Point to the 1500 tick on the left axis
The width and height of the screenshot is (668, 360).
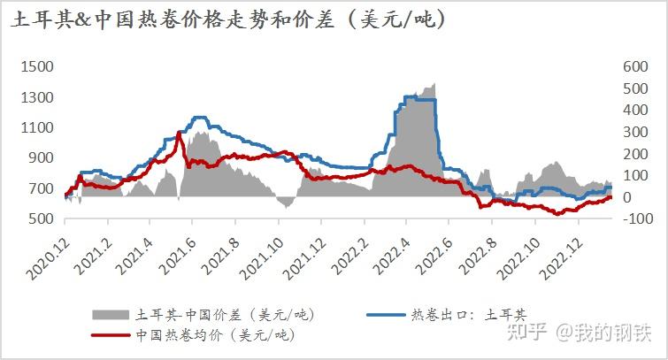(38, 67)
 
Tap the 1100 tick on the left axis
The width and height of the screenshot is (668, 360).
(38, 127)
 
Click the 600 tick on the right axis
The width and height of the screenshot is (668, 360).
(636, 67)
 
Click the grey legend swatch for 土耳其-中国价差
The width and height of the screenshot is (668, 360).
(111, 315)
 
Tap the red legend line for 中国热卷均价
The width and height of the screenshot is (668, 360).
(111, 335)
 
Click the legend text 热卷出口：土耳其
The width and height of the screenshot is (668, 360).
(467, 315)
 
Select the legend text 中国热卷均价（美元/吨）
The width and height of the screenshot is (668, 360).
(213, 335)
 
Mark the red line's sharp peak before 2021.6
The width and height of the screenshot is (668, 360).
(180, 134)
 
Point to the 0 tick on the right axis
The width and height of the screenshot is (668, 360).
(640, 196)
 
